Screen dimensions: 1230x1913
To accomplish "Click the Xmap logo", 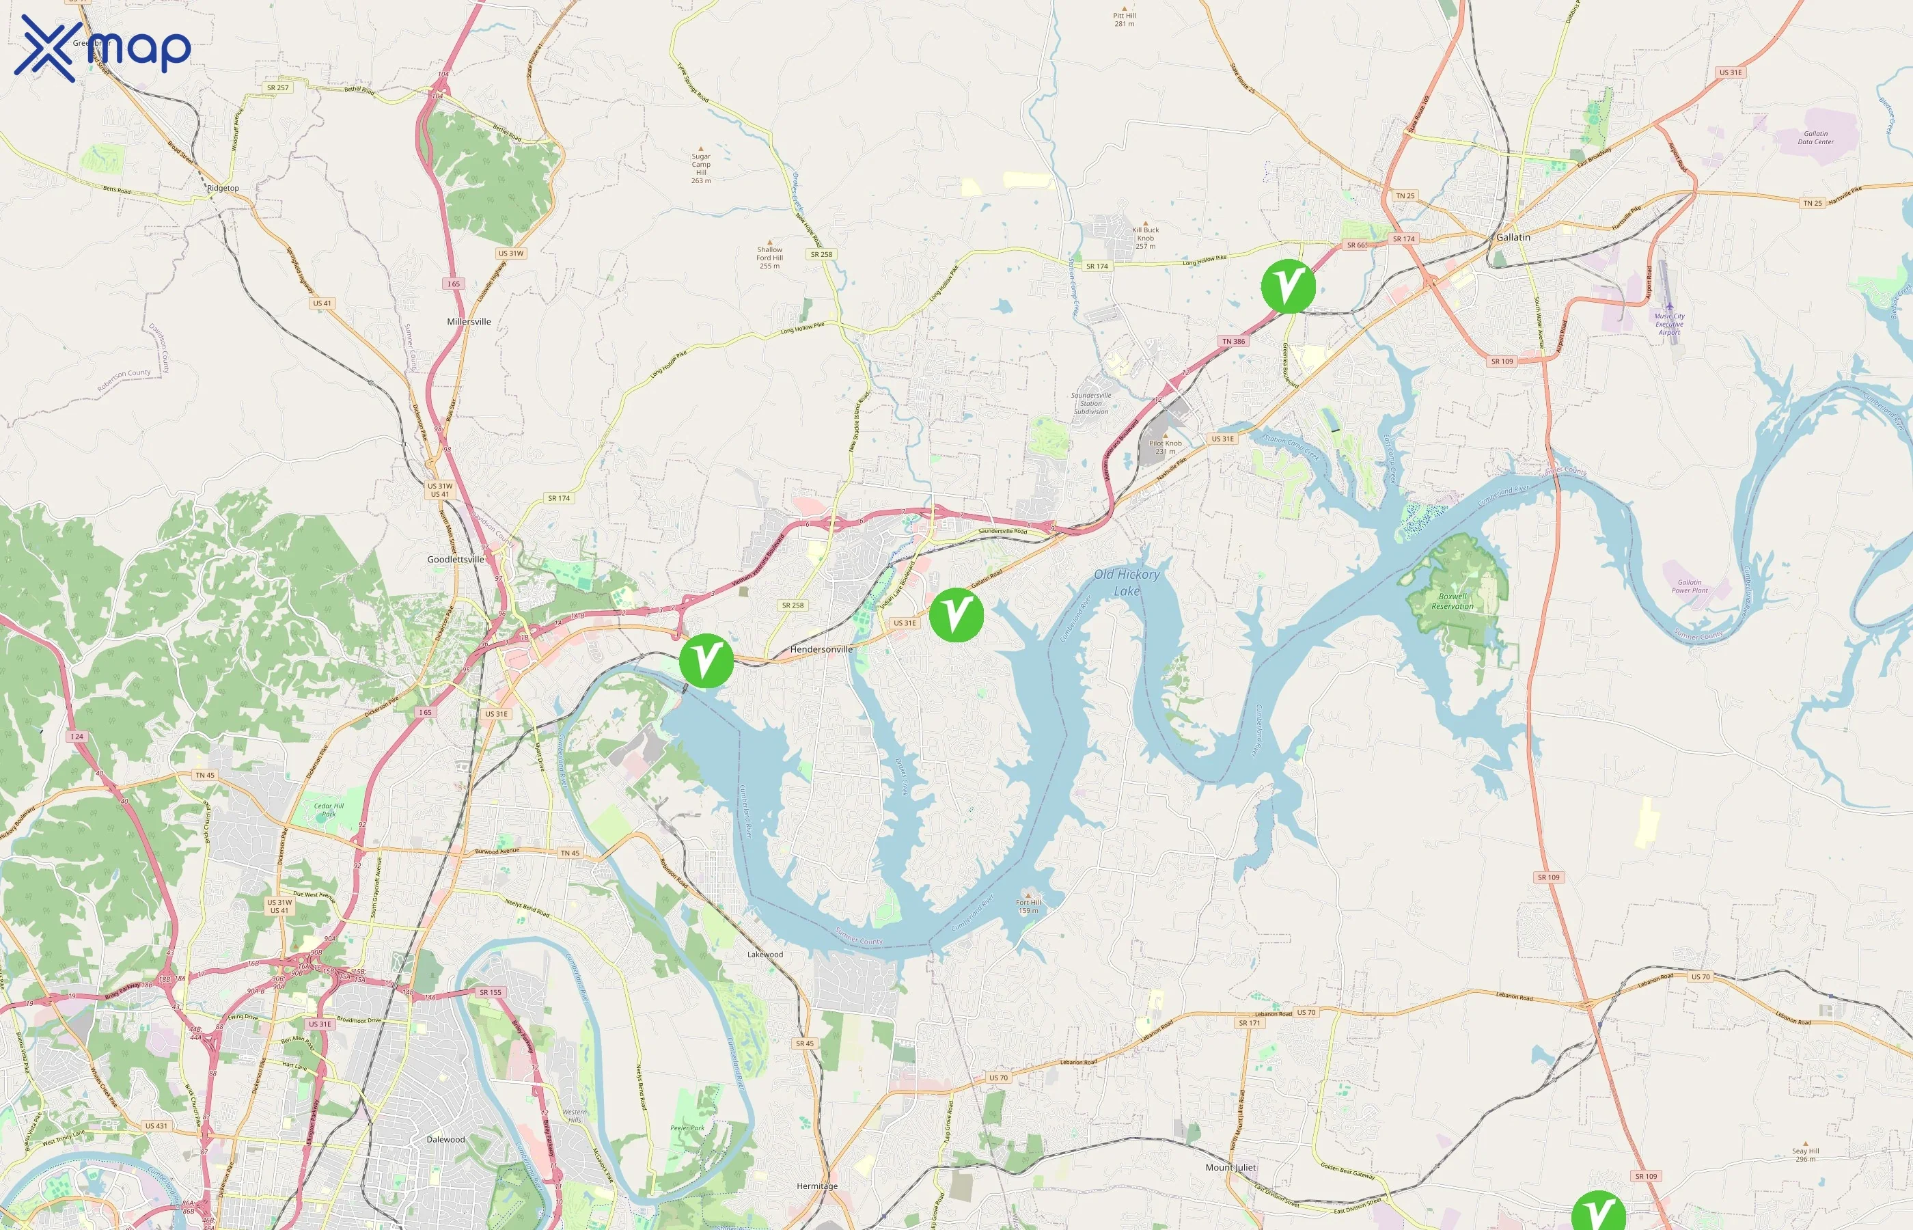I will (x=102, y=48).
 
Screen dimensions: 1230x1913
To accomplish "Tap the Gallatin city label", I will (x=1513, y=237).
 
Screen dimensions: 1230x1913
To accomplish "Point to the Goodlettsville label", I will (x=455, y=559).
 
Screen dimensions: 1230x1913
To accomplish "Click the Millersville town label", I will (x=469, y=322).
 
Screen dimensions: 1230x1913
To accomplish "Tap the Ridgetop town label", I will (x=223, y=189).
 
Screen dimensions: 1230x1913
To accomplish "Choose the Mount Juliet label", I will (x=1230, y=1167).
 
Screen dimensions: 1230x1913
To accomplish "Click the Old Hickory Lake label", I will (x=1127, y=582).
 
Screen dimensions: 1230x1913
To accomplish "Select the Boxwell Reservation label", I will (x=1453, y=601).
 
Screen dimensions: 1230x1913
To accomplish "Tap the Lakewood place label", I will (x=765, y=955).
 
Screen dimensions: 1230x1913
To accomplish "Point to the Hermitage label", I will (x=816, y=1186).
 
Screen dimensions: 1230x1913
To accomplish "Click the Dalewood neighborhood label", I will (x=445, y=1139).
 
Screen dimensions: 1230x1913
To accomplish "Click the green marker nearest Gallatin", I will (x=1288, y=286).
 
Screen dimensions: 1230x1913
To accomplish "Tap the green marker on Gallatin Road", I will (x=956, y=615).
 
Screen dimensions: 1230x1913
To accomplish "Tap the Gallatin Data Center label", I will (x=1815, y=138).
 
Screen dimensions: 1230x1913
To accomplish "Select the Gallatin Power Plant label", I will (x=1690, y=586).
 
